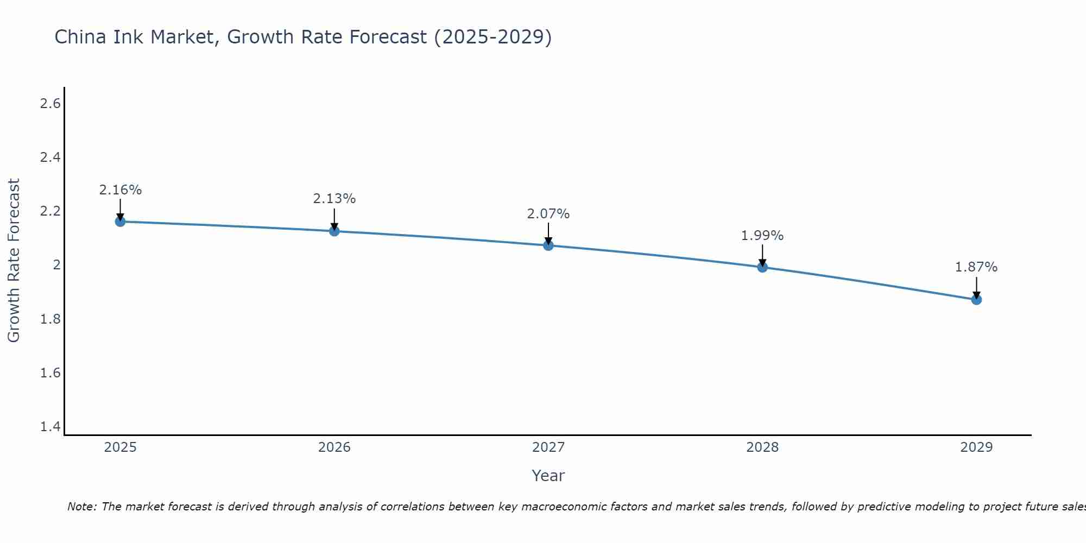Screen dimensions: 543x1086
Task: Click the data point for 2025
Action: click(120, 222)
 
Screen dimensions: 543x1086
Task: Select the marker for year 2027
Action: click(548, 245)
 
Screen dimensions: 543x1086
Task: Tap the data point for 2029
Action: click(976, 300)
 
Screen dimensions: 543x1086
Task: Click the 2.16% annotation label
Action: click(120, 190)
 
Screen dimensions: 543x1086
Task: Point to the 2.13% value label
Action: click(334, 199)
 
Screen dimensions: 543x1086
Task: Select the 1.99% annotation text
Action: click(762, 236)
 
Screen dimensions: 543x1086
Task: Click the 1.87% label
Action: click(976, 267)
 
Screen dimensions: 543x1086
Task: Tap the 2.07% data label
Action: click(548, 214)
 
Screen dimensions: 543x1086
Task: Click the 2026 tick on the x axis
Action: click(334, 447)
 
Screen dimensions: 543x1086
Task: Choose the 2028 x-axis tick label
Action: click(762, 447)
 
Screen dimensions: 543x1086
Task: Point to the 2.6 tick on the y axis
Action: click(50, 104)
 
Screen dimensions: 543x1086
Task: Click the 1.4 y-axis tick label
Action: click(50, 427)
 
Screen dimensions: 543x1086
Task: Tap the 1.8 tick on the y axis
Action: click(50, 319)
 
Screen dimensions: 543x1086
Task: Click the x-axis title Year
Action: click(548, 476)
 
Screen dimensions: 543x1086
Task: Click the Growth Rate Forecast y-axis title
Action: click(14, 261)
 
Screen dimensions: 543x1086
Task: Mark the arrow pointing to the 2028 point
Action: click(762, 255)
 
